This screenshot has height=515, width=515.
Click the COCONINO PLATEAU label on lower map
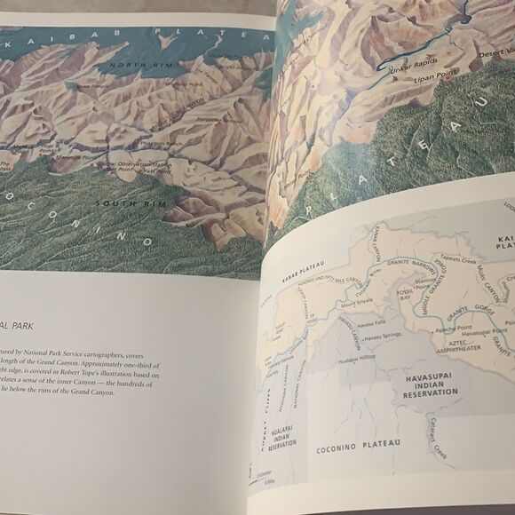(x=359, y=445)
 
